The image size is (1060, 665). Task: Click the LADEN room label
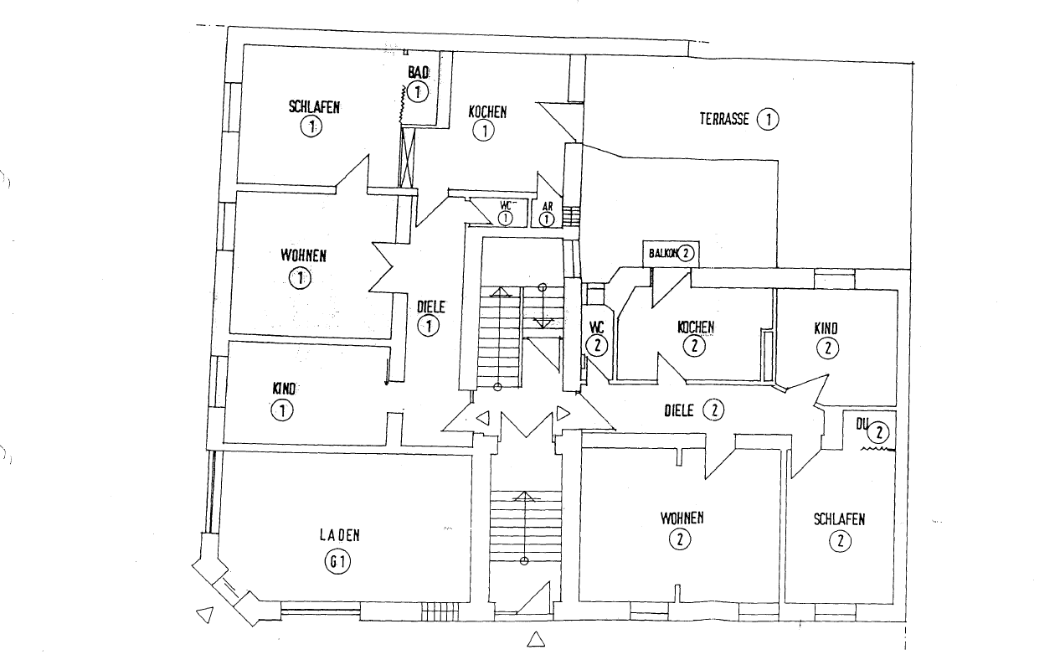339,534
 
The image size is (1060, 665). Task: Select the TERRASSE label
724,119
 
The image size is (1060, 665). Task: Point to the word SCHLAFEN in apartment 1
314,106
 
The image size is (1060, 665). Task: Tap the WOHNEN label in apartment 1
303,255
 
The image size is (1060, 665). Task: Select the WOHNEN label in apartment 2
682,518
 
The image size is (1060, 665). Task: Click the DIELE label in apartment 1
430,307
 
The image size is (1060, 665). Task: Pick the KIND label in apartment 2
826,328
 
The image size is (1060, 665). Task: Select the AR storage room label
547,205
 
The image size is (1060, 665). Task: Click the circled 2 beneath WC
596,344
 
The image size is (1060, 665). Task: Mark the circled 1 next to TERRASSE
767,119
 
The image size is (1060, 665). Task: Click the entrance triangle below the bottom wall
536,641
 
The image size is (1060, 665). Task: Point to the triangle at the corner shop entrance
203,616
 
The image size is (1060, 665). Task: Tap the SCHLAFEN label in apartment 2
839,519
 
